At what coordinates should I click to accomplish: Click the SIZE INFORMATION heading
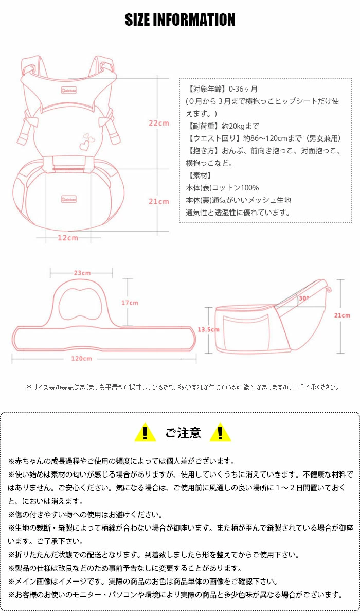point(180,20)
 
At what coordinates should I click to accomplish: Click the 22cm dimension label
point(158,123)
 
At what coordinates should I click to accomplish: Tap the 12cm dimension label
point(67,237)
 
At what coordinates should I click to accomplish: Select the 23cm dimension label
point(82,273)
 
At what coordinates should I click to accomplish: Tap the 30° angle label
point(303,298)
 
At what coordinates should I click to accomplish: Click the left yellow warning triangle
point(145,432)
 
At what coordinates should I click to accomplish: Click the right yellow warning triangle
point(220,432)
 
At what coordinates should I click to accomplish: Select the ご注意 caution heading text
point(183,433)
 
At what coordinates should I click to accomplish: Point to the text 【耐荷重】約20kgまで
point(222,126)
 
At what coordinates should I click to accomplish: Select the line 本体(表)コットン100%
point(222,188)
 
